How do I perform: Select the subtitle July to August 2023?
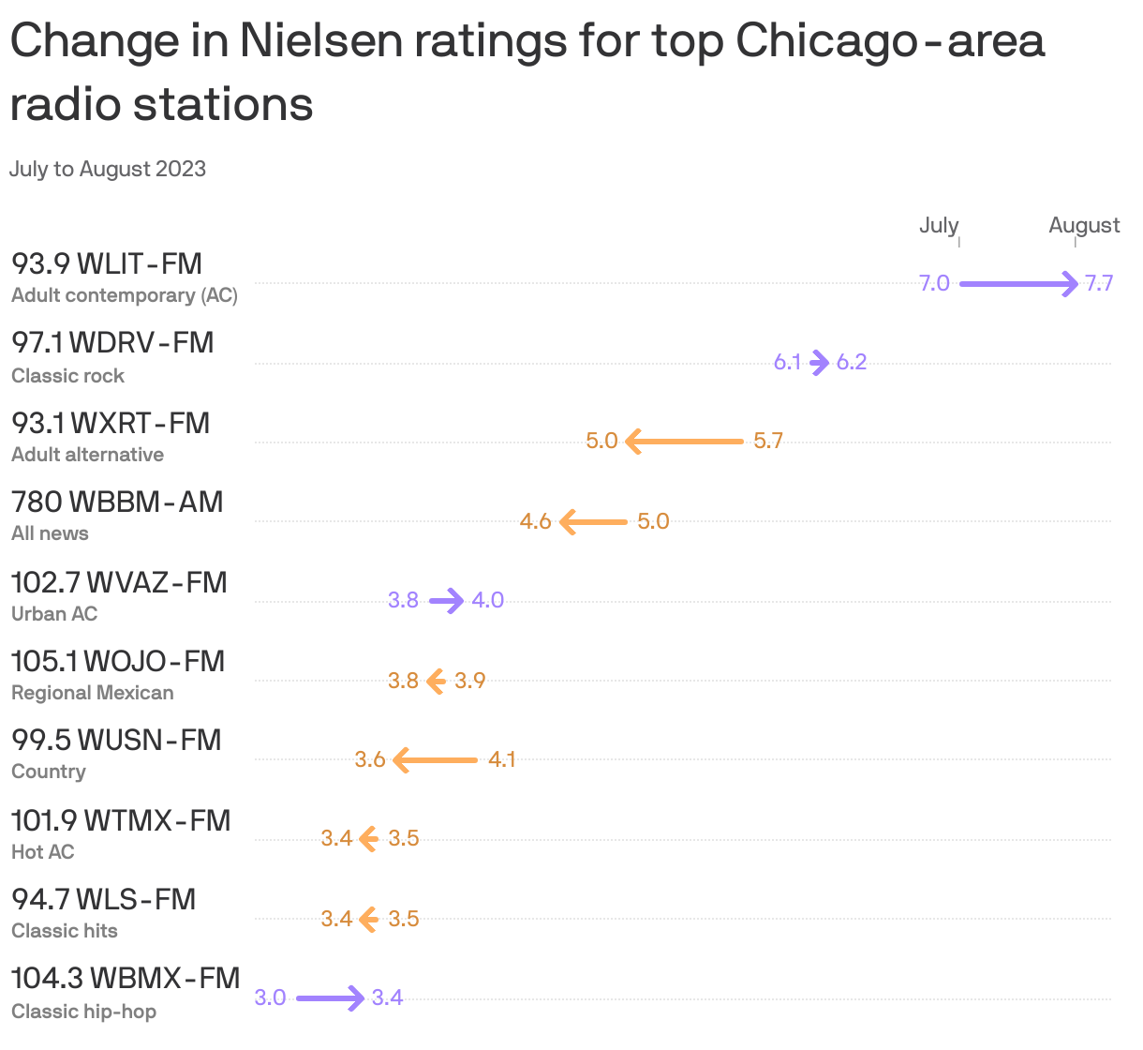[108, 170]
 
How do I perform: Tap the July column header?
[938, 225]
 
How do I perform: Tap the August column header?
[1084, 225]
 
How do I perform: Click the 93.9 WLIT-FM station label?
[107, 264]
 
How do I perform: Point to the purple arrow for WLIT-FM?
[1018, 283]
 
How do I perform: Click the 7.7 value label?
[1099, 283]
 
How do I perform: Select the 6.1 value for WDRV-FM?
[787, 362]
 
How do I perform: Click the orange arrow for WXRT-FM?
[684, 441]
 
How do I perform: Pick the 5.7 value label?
[767, 441]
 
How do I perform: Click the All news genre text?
[50, 533]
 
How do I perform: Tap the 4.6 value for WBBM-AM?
[535, 521]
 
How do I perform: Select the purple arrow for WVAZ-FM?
[447, 600]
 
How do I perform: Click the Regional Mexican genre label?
[92, 693]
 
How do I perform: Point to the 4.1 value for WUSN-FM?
[501, 759]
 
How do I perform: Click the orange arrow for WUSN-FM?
[436, 759]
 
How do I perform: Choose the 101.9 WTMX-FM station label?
[120, 820]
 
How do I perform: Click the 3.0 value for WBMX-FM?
[270, 997]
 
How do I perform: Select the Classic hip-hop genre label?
[83, 1012]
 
